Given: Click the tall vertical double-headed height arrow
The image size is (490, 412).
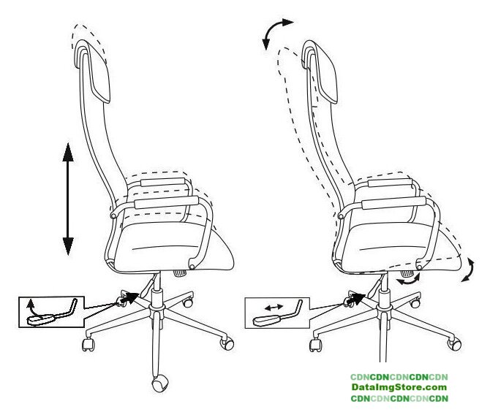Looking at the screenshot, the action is [68, 199].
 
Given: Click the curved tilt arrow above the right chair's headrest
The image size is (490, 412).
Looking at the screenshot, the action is [276, 31].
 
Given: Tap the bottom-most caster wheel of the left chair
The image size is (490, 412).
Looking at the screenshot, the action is [160, 384].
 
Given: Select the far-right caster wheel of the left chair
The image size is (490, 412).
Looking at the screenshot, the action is [227, 343].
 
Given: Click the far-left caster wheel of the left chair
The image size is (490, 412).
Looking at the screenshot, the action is [88, 344].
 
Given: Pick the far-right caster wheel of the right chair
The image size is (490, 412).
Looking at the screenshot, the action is [454, 344].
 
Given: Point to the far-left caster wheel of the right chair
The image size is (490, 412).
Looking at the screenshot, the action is [316, 345].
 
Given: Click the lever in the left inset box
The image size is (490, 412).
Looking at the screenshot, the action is [52, 313].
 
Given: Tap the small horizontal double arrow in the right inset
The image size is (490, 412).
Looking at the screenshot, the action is [274, 308].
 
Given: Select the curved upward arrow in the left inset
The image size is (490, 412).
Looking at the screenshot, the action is [34, 309].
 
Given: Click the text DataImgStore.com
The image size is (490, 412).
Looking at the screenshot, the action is [399, 387].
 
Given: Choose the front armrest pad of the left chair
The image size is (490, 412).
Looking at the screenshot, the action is [166, 202].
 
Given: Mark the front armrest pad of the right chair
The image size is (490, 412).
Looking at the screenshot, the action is [393, 202].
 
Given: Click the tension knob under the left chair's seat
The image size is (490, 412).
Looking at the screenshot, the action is [181, 273].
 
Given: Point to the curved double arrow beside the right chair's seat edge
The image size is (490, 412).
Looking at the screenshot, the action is [468, 270].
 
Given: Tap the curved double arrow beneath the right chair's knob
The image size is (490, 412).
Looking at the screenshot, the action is [408, 279].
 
